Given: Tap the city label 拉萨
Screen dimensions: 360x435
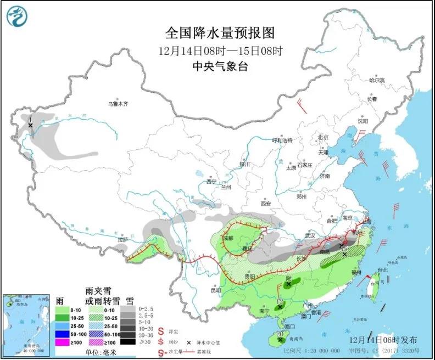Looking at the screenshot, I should pyautogui.click(x=121, y=239).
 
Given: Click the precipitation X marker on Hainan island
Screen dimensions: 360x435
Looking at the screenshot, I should pyautogui.click(x=280, y=340).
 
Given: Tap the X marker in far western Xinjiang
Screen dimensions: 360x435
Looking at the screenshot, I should pyautogui.click(x=31, y=125).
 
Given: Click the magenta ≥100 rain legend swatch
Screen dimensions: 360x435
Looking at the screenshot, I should pyautogui.click(x=65, y=342).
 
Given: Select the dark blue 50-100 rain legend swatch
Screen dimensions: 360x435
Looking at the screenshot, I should pyautogui.click(x=65, y=333).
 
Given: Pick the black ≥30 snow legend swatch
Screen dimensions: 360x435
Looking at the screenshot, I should pyautogui.click(x=128, y=342).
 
